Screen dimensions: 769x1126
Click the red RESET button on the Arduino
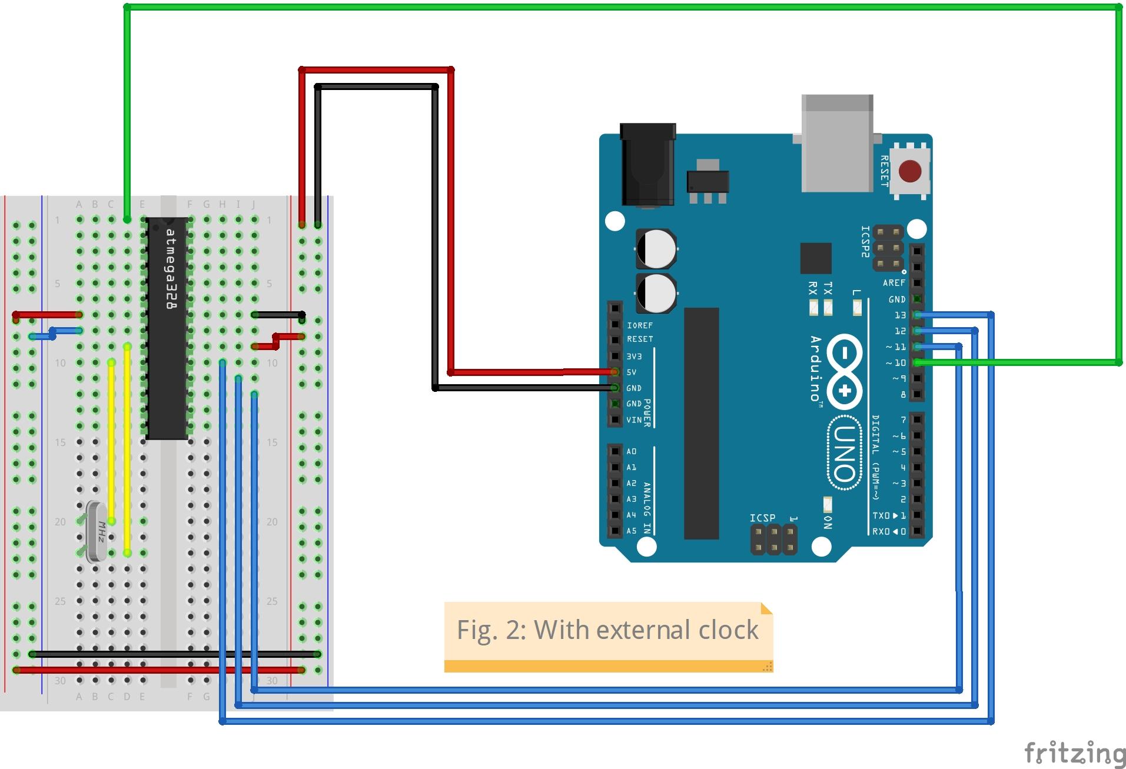coord(910,172)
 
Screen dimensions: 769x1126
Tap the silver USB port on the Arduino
coord(837,144)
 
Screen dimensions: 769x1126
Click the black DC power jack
coord(647,165)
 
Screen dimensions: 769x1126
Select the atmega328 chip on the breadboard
coord(168,328)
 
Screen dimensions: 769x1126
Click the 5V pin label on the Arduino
coord(632,372)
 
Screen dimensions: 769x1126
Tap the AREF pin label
coord(894,283)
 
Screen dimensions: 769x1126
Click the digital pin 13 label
coord(900,315)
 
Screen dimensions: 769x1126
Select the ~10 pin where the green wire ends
coord(917,363)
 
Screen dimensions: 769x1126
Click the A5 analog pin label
coord(631,531)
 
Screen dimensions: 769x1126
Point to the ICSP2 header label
coord(865,241)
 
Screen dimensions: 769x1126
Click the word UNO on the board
coord(843,452)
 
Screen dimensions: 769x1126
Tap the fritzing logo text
coord(1074,754)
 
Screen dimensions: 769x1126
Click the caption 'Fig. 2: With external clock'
coord(607,630)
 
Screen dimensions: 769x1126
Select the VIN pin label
coord(634,420)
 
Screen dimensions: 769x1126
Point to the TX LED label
coord(828,288)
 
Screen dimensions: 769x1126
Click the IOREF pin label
coord(640,325)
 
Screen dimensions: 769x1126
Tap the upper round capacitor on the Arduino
coord(656,248)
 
